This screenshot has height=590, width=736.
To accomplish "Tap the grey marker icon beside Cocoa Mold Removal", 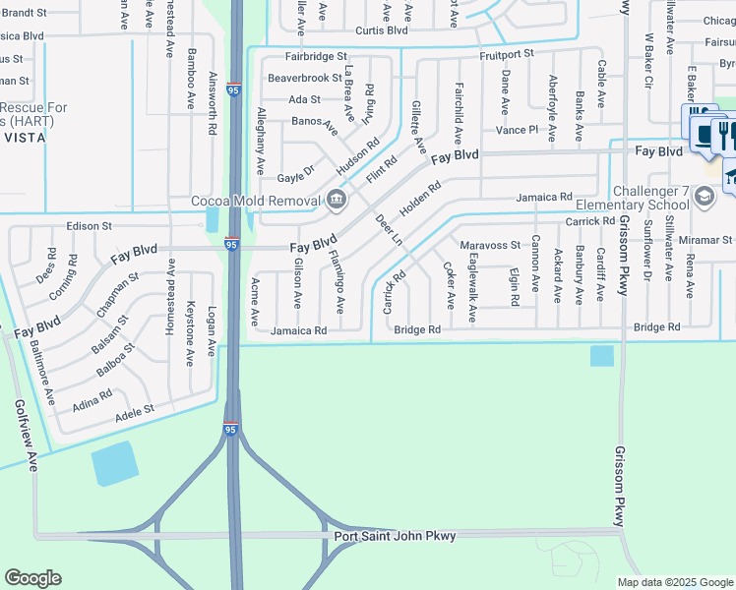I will point(337,201).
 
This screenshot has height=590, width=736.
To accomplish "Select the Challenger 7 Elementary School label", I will point(649,198).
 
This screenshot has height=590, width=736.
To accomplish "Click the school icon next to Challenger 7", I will point(704,197).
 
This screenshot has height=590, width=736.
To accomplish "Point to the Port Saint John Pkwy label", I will point(395,536).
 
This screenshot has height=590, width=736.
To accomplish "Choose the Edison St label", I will point(89,226).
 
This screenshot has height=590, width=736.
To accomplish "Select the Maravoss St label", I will point(489,245).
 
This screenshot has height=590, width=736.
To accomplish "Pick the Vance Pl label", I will point(517,130).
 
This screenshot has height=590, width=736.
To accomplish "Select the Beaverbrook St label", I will point(304,77).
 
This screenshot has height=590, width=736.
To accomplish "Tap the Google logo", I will point(32,577).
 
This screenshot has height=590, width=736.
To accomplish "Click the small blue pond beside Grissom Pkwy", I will point(601,356).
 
